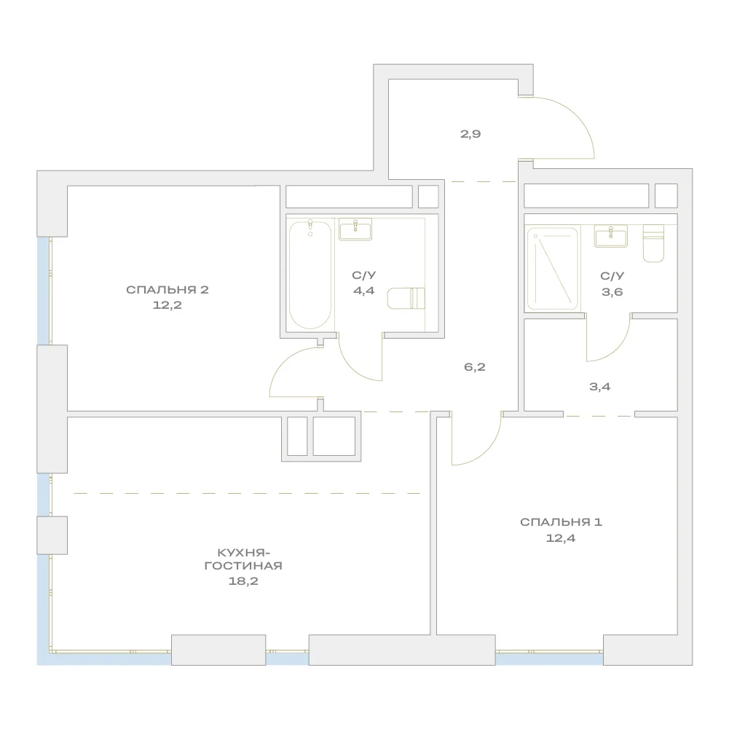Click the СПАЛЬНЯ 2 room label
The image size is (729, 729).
(x=168, y=290)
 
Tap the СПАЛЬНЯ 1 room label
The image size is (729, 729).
(x=561, y=522)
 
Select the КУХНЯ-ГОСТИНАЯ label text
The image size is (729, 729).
(x=244, y=559)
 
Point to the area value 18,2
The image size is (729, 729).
(x=243, y=581)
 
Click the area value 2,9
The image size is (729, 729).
(x=470, y=134)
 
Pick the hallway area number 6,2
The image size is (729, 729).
(x=475, y=367)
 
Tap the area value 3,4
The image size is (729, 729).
(x=600, y=387)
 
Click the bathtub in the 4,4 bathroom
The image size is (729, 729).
(x=310, y=275)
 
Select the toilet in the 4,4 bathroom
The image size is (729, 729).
(x=406, y=298)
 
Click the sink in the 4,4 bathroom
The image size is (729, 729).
(x=355, y=229)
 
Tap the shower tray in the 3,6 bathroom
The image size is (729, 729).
(x=552, y=268)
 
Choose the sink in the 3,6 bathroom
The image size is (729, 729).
(x=611, y=236)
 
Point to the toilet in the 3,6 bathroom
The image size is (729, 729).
(x=653, y=243)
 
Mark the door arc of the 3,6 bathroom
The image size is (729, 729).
(x=618, y=349)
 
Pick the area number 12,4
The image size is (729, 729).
(x=561, y=538)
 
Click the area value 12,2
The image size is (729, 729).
(x=168, y=305)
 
